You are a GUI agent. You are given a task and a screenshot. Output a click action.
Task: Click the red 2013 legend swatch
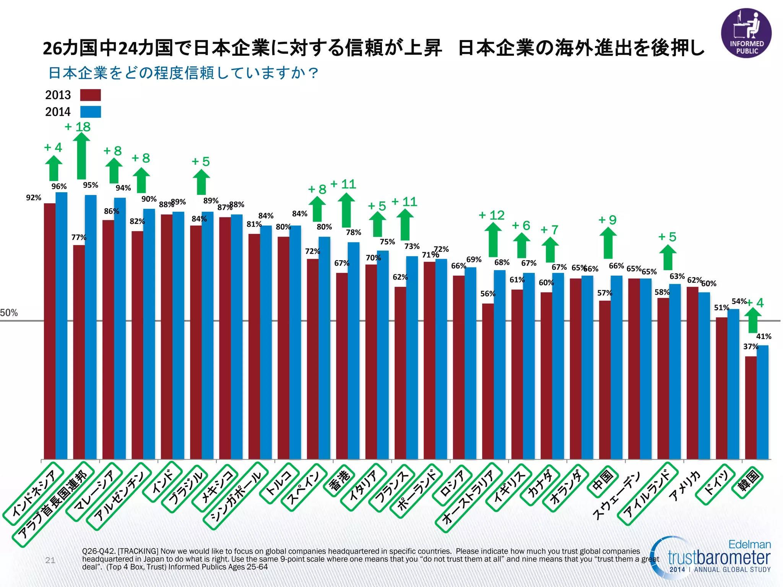(x=90, y=95)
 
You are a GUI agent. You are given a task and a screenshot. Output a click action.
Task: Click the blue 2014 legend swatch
(x=90, y=112)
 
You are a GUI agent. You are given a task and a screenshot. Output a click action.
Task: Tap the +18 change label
(x=78, y=127)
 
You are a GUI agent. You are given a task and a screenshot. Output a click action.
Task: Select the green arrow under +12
(x=493, y=240)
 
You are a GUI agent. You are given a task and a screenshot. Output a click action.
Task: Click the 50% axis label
(x=9, y=313)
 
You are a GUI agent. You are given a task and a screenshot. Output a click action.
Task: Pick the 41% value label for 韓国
(x=764, y=336)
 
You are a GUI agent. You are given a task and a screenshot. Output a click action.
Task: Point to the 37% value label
(x=751, y=346)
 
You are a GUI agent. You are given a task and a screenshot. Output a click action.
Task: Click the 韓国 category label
(x=747, y=483)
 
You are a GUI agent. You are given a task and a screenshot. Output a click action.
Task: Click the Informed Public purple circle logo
(x=746, y=33)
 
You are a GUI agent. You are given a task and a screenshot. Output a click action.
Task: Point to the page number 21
(x=50, y=560)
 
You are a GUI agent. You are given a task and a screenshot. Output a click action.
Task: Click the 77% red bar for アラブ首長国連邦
(x=79, y=352)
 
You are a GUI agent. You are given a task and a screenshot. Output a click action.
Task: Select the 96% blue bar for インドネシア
(x=62, y=325)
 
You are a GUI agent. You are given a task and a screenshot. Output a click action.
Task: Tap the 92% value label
(x=34, y=198)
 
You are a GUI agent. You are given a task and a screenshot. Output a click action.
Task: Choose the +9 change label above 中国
(x=608, y=220)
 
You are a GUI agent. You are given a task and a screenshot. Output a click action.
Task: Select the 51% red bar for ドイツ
(x=721, y=388)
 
